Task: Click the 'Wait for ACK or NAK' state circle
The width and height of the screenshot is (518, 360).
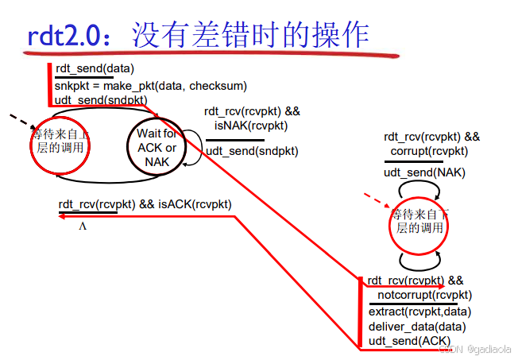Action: pos(157,147)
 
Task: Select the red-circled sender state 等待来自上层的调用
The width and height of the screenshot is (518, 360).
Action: pos(60,145)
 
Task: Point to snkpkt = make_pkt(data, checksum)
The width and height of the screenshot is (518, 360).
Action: pos(151,85)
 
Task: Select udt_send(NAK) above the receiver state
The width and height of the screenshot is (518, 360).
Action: pos(425,172)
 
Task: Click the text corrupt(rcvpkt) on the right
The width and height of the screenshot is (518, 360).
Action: pos(429,151)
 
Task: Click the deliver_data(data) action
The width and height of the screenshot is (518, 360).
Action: pos(416,326)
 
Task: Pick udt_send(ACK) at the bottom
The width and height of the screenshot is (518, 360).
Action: pos(410,341)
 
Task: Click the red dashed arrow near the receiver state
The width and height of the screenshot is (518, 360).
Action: pos(376,197)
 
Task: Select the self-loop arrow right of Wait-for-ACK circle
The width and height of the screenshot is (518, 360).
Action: pos(194,149)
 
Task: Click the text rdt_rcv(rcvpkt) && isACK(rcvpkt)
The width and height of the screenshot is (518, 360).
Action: pos(145,204)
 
